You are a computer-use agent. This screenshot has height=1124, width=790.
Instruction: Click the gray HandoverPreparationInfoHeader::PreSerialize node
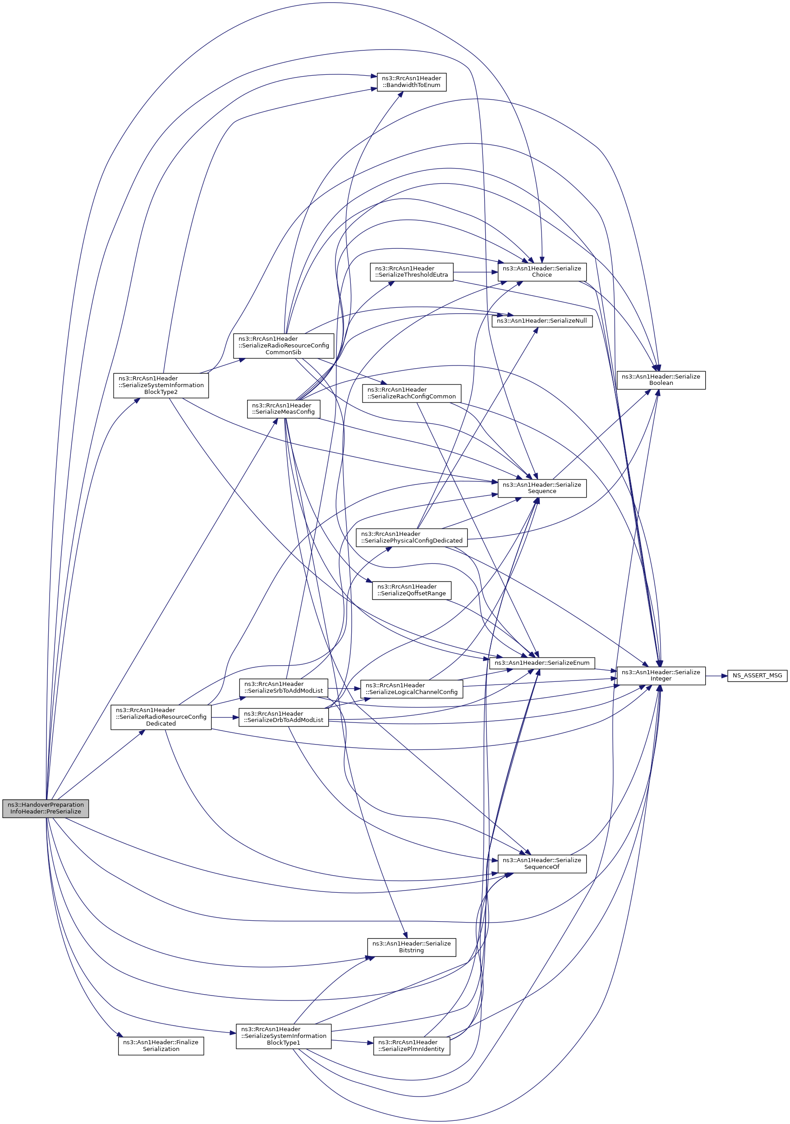pos(46,808)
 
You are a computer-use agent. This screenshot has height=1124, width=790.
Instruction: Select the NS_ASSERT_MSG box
pos(757,676)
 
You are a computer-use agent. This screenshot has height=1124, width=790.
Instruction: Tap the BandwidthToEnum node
pos(411,81)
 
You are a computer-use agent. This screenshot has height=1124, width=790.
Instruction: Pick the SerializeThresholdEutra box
pos(411,272)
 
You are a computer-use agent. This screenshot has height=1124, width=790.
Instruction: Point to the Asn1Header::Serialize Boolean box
pos(661,380)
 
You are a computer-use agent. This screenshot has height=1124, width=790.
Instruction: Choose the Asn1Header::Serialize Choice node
pos(542,272)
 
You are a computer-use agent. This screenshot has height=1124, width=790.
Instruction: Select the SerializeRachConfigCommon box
pos(411,393)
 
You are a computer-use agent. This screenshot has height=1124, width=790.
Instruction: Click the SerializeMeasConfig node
pos(284,409)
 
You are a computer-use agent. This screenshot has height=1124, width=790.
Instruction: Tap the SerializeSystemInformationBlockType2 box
pos(161,385)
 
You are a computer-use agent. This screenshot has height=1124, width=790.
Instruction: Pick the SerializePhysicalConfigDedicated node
pos(411,537)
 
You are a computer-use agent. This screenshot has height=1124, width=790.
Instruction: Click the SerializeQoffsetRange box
pos(411,590)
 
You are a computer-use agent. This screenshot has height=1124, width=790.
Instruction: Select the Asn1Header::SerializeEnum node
pos(542,663)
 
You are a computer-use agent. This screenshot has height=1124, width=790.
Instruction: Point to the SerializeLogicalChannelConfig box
pos(411,689)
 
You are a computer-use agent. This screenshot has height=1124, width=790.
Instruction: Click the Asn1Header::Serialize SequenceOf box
pos(542,864)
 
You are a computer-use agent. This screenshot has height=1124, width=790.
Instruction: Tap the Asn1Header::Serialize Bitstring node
pos(411,947)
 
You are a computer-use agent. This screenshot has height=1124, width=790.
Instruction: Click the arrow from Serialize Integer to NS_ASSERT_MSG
pos(717,676)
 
